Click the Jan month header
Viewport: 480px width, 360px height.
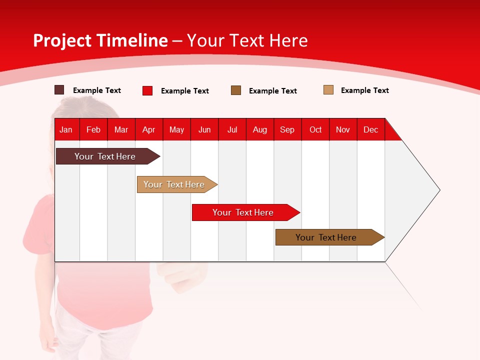pos(66,129)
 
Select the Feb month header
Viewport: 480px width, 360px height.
pos(93,129)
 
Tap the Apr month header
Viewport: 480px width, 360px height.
pos(148,129)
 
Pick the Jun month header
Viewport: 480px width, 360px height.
pos(204,129)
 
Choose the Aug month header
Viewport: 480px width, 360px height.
pos(259,129)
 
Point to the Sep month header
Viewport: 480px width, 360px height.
pos(287,129)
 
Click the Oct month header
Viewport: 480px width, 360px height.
pos(315,129)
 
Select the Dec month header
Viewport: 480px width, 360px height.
pos(370,129)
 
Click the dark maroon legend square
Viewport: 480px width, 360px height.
pos(59,90)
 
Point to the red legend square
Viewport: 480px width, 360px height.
pos(147,90)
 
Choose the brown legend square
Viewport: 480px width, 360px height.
pos(236,90)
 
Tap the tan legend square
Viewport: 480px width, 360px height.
pos(328,90)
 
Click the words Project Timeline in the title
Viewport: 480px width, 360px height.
pos(100,40)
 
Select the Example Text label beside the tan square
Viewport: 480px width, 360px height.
pos(364,90)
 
